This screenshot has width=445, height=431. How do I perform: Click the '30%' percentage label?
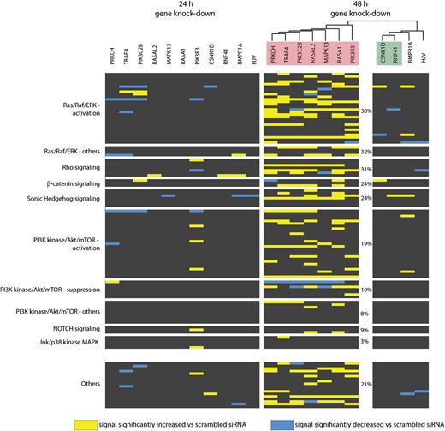[x=366, y=111]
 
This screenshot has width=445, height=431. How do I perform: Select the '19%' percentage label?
[x=366, y=244]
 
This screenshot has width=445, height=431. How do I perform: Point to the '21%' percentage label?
[x=366, y=384]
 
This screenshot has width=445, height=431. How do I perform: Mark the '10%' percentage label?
[x=366, y=290]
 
